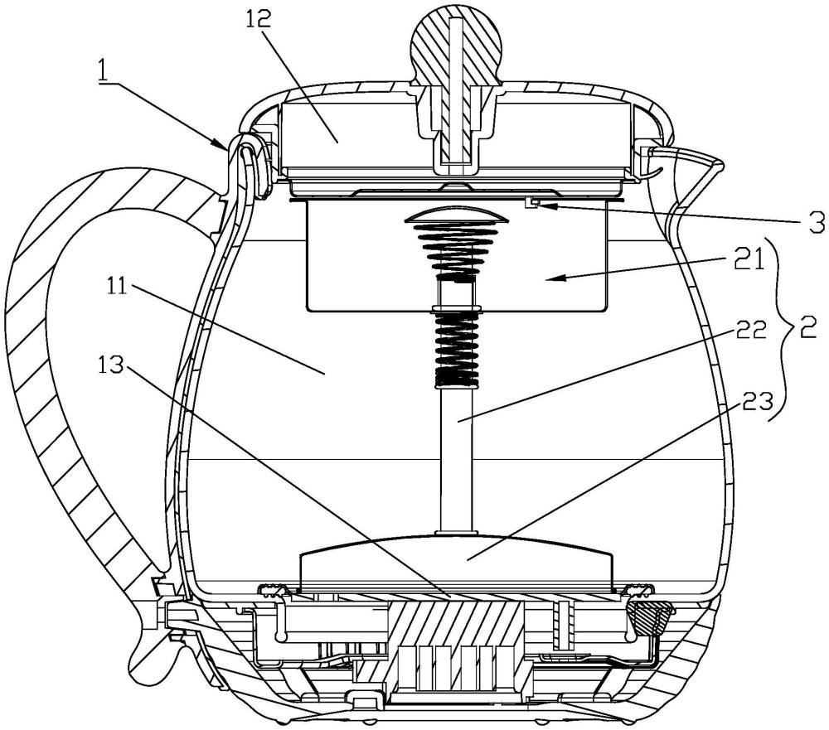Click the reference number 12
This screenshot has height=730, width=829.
tap(258, 18)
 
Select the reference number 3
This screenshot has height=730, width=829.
tap(814, 221)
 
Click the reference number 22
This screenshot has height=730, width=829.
tap(749, 330)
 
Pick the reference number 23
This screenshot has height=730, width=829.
tap(757, 401)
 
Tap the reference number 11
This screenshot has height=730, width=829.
tap(115, 286)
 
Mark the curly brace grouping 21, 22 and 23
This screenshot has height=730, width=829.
tap(783, 329)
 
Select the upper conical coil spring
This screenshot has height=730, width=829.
tap(456, 252)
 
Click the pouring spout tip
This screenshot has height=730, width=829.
tap(718, 161)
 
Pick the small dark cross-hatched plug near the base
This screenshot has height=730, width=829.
tap(650, 616)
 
